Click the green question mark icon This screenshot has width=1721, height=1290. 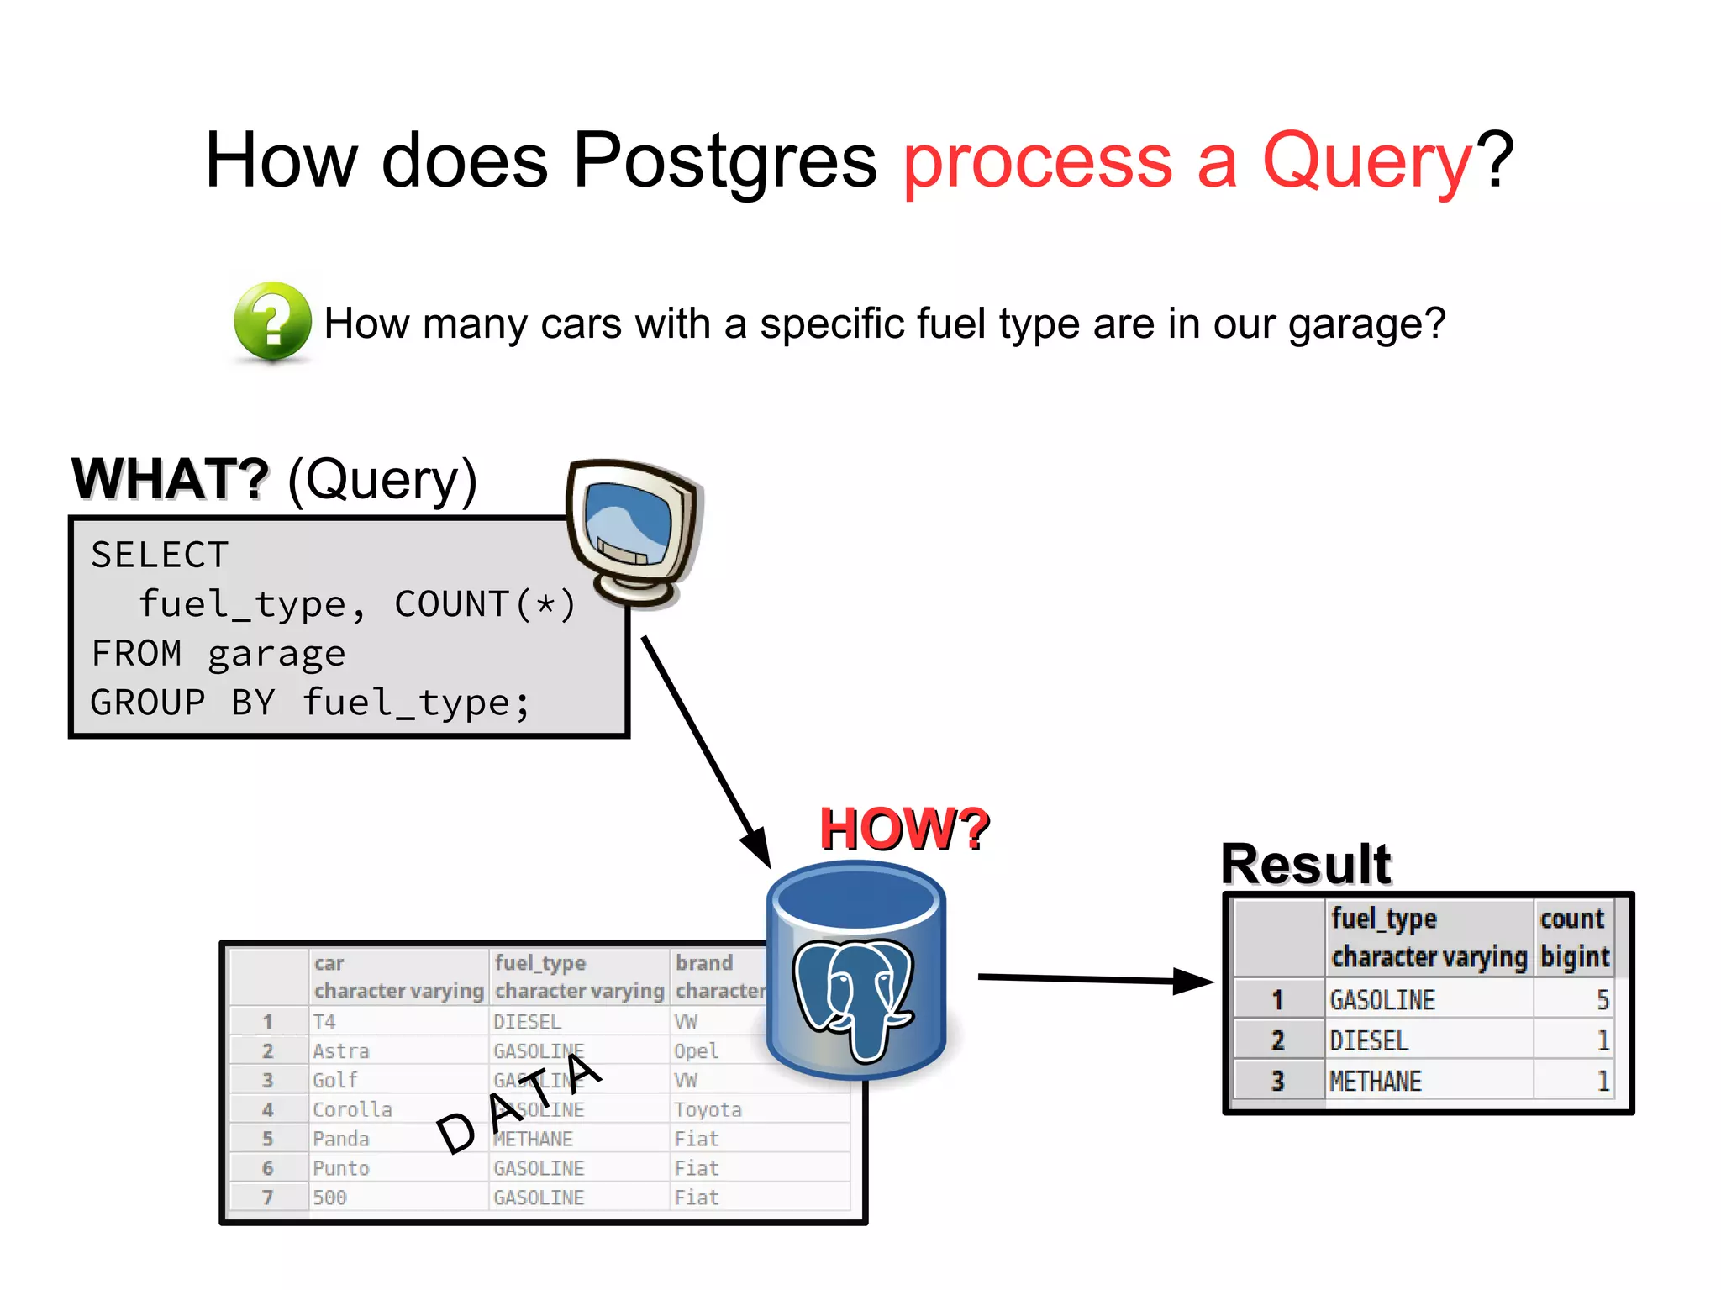click(272, 322)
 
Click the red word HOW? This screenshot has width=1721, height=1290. click(904, 829)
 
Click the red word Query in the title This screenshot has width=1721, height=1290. click(1366, 161)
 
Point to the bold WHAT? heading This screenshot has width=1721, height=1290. click(171, 479)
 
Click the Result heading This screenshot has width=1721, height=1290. click(1305, 864)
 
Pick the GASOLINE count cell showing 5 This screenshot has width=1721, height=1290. click(1601, 1000)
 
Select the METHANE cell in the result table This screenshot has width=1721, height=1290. click(1376, 1081)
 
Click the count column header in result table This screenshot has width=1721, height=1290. click(1572, 919)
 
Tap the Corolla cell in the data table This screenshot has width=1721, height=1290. click(352, 1109)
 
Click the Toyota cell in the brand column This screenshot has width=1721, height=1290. click(708, 1109)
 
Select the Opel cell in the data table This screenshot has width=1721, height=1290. click(696, 1051)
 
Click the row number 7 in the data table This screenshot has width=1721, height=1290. click(267, 1197)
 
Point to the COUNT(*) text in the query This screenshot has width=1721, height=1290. click(485, 604)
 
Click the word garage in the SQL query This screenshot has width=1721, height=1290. click(276, 654)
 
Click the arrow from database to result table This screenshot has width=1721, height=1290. click(1092, 979)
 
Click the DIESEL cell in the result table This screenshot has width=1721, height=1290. click(1369, 1040)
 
